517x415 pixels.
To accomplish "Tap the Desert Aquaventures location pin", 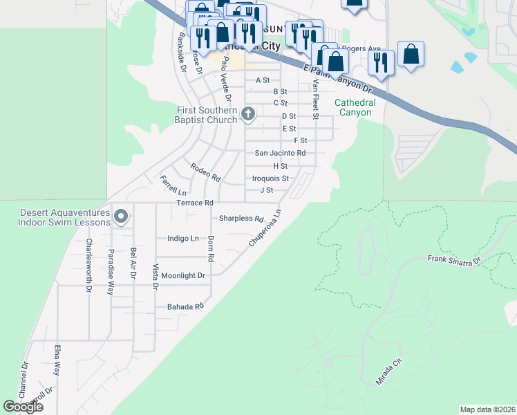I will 121,216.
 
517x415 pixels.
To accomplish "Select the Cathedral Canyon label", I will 355,107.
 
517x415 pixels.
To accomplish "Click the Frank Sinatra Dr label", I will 453,261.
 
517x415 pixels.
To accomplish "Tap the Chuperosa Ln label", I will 265,228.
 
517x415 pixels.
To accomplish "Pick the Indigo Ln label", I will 183,238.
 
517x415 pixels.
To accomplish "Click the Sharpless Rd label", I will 241,219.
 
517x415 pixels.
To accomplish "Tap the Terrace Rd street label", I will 194,203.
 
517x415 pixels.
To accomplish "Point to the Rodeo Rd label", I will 205,172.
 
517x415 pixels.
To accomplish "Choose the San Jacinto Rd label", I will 280,153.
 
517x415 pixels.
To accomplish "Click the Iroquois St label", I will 270,178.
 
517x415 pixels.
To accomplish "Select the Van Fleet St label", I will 314,98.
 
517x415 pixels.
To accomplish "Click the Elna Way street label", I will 57,360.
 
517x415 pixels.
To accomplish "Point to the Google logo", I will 23,407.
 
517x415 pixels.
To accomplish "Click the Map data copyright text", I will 487,409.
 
